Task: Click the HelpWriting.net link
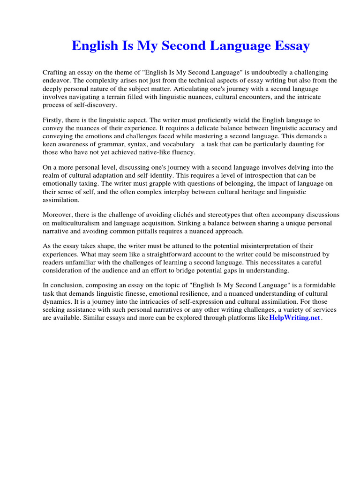[294, 317]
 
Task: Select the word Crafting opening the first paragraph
[55, 73]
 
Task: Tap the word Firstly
[53, 120]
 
